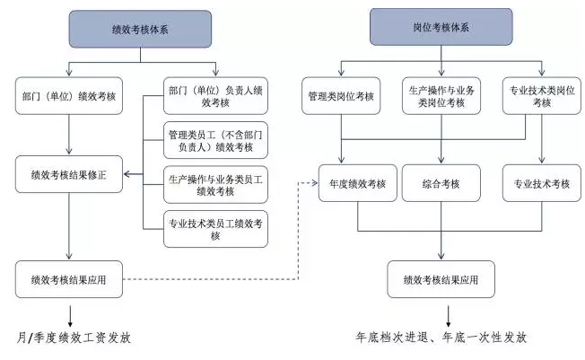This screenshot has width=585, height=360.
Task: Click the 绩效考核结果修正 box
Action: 68,174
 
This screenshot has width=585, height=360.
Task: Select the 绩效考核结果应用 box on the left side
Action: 68,279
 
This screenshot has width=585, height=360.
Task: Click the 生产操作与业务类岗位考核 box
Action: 441,96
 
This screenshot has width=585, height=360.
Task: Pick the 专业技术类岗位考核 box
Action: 541,96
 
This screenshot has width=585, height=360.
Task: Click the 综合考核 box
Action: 441,183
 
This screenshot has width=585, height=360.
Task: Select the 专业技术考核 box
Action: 541,183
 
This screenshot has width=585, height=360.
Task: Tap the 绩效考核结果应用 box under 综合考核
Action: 441,279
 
